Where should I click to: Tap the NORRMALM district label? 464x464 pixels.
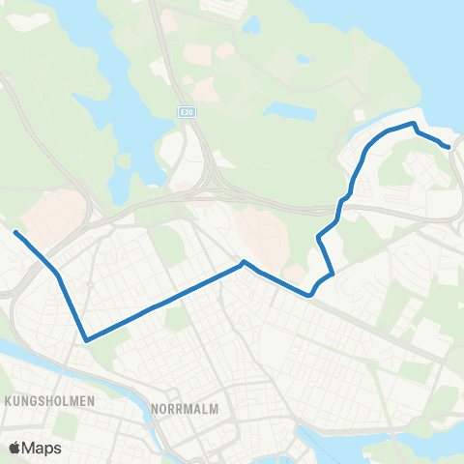[185, 409]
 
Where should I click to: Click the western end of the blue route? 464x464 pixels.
[15, 231]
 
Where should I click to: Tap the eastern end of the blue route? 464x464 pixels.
[449, 147]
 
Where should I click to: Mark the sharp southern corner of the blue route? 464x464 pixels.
[86, 339]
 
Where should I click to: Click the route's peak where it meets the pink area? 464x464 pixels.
[243, 261]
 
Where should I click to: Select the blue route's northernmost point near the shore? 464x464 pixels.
[414, 124]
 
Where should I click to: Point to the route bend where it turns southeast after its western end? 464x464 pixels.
[59, 275]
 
